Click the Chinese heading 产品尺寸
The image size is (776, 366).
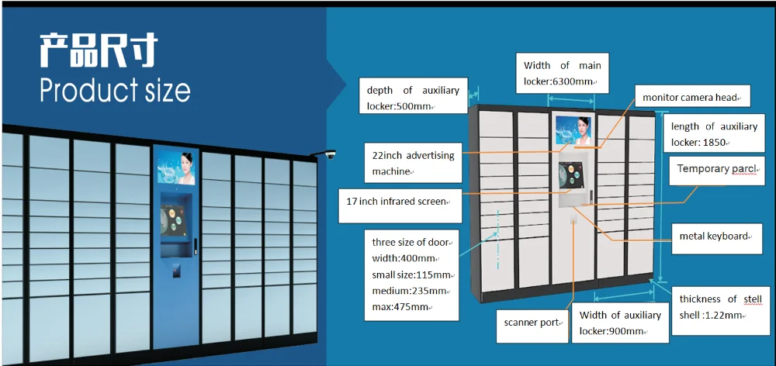tap(98, 50)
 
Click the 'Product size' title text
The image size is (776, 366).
tap(115, 90)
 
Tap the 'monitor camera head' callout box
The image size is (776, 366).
tap(691, 97)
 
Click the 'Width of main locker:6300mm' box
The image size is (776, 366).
tap(562, 73)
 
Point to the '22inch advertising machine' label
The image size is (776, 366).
tap(412, 162)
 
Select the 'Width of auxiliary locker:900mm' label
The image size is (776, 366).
tap(620, 323)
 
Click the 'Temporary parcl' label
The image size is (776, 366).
tap(715, 169)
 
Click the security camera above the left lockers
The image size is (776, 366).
tap(328, 155)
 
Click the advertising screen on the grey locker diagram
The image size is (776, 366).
tap(573, 129)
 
